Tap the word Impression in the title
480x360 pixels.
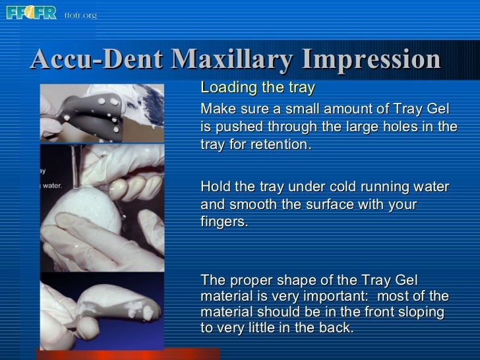[x=371, y=60]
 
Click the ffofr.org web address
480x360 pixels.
[x=80, y=14]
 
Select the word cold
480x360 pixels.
[x=344, y=187]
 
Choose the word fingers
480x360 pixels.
[x=224, y=223]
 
